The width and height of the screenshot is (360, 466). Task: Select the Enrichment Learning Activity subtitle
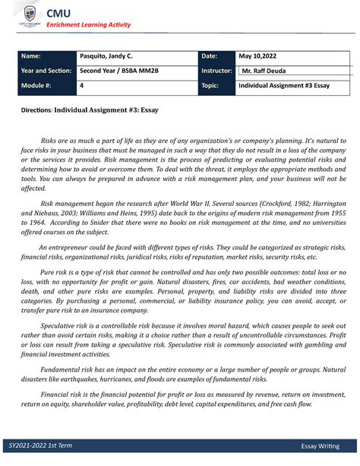click(89, 25)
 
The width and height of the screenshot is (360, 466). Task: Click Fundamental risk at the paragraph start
click(68, 369)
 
